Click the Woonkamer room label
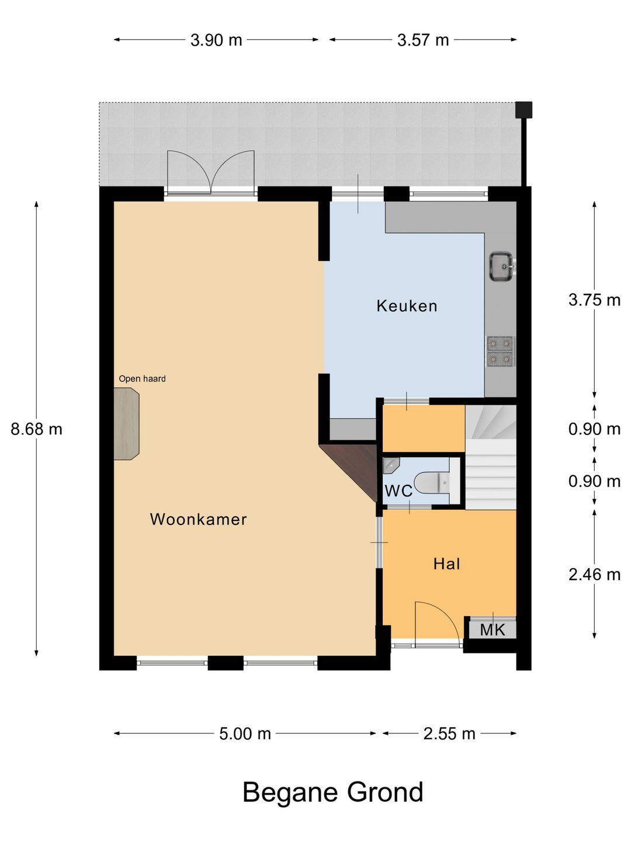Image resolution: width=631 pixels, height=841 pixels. point(198,519)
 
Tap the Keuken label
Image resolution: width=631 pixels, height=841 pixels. point(407,306)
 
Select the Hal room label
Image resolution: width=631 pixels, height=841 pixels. point(446,564)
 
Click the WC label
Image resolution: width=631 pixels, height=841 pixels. point(398,491)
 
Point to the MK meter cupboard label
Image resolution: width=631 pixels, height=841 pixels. point(492,630)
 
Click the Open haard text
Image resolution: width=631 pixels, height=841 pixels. point(142,378)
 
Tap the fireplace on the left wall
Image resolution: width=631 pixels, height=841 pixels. point(126,424)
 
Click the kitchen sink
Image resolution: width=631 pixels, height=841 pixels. point(501,266)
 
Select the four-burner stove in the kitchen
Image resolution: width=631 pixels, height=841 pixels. point(500,352)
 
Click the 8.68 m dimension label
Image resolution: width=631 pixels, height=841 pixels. point(36,429)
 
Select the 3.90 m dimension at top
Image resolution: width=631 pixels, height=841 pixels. point(216,40)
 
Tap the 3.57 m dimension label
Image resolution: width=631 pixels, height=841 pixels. point(423,40)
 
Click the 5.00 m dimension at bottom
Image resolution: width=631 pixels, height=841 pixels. point(245,734)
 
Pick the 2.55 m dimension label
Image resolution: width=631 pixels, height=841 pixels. point(449,734)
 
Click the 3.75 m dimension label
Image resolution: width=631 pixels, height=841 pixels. point(594,300)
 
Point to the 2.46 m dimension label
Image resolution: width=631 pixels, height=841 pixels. point(594,575)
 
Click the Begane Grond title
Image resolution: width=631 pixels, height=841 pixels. point(332,793)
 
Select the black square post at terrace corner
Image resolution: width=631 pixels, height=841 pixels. point(523,110)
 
